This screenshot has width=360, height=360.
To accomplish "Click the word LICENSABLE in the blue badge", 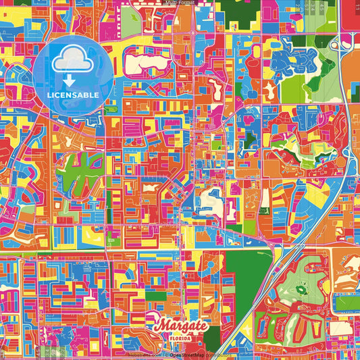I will [74, 95].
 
